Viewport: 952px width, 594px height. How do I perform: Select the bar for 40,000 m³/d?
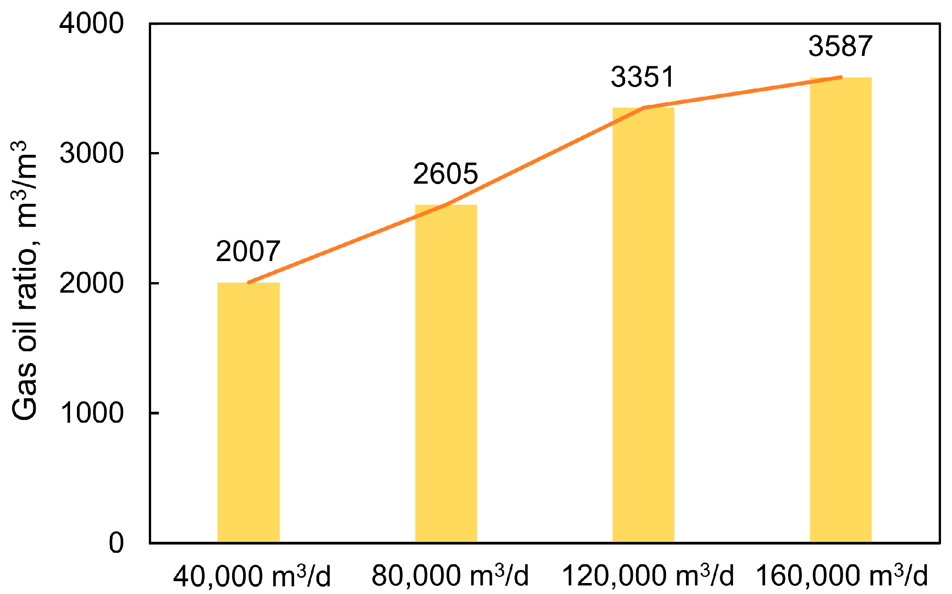point(248,412)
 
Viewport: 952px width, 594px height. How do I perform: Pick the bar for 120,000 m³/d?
point(643,325)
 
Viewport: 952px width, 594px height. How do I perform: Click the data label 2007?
point(248,251)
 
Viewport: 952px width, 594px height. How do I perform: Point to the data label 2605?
point(445,174)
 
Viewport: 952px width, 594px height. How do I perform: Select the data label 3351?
point(642,77)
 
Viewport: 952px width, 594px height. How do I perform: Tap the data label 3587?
point(840,46)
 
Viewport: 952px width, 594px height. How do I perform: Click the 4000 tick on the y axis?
point(92,23)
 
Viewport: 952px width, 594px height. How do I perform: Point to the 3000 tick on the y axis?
point(92,153)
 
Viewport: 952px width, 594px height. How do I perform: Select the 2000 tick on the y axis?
point(92,283)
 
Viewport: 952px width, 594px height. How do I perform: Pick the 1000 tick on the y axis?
point(92,413)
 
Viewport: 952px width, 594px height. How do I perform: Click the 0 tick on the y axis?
point(116,543)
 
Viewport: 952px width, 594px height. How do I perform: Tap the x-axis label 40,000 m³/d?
point(251,576)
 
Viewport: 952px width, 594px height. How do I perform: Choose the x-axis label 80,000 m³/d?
point(450,576)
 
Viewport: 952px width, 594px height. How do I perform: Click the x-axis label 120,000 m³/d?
point(647,576)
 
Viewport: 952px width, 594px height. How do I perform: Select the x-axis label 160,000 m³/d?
point(842,576)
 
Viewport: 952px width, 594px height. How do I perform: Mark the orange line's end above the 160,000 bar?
point(841,77)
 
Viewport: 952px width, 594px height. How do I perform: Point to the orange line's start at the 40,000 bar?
point(249,283)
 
